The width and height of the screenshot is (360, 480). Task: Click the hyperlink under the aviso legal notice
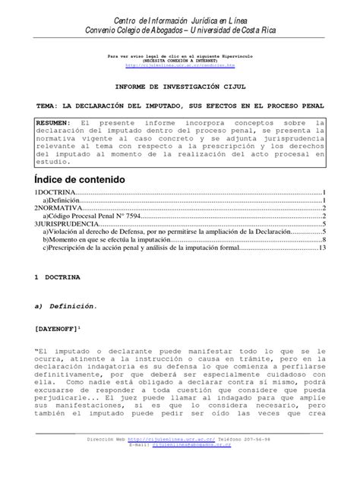click(x=181, y=65)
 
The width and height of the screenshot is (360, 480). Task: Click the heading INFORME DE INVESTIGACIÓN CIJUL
click(x=180, y=87)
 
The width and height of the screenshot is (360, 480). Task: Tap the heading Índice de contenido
click(x=84, y=178)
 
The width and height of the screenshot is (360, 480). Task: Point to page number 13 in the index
click(x=322, y=248)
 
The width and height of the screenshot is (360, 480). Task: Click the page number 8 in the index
click(x=324, y=240)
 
